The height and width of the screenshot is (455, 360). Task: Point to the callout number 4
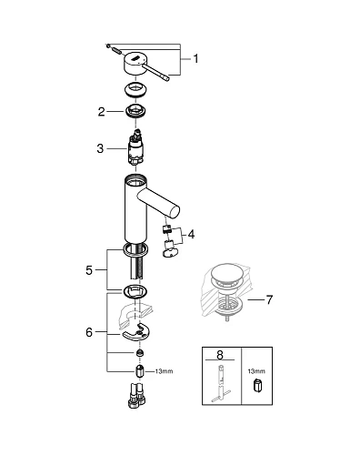[192, 235]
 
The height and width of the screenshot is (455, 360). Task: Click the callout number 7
[269, 298]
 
